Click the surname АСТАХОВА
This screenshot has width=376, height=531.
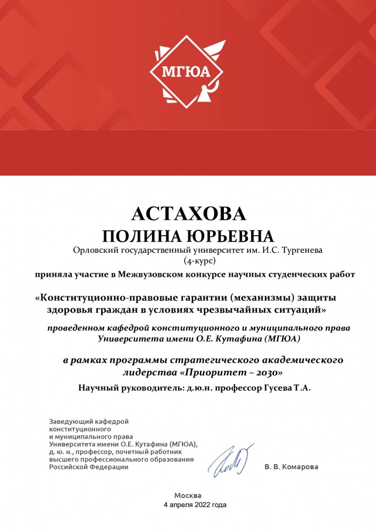coord(188,213)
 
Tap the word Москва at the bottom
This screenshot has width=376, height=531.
coord(188,495)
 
